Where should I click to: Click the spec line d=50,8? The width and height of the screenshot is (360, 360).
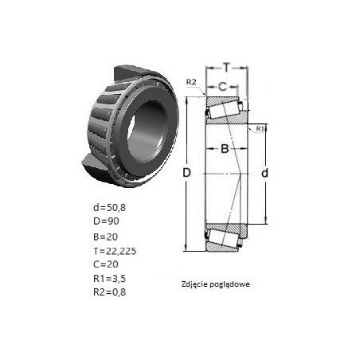(109, 207)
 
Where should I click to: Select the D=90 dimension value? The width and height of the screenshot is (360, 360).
(106, 221)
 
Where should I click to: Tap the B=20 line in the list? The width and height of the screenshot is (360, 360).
(105, 237)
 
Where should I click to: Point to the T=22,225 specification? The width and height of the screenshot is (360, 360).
(115, 251)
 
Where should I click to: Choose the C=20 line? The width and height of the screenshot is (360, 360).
(106, 264)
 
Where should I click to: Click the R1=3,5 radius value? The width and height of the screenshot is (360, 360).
(109, 278)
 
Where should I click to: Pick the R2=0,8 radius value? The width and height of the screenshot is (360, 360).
(109, 292)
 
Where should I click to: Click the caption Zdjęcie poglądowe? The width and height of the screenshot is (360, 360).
(216, 284)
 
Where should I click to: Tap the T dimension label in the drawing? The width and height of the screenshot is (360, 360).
(226, 68)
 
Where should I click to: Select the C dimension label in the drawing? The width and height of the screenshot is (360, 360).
(222, 86)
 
